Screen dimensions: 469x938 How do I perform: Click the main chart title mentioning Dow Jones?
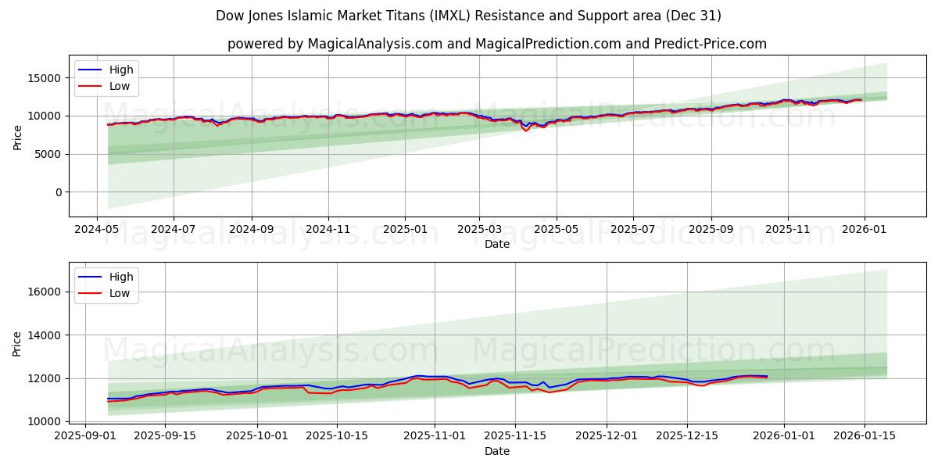[x=469, y=16]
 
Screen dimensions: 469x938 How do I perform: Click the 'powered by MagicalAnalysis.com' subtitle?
[x=497, y=44]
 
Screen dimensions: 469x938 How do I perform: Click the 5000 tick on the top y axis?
[x=48, y=154]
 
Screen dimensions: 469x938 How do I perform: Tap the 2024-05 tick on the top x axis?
[x=97, y=229]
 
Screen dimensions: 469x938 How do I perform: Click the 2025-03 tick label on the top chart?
[x=479, y=229]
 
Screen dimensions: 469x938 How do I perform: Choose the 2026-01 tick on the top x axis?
[x=864, y=229]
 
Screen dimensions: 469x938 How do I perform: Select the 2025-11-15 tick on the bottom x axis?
[x=515, y=436]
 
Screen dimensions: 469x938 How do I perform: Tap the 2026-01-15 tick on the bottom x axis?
[x=865, y=436]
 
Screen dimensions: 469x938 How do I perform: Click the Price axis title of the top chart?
[x=18, y=138]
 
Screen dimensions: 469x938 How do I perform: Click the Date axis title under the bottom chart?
[x=497, y=451]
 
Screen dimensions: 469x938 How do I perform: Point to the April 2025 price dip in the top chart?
[x=525, y=130]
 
